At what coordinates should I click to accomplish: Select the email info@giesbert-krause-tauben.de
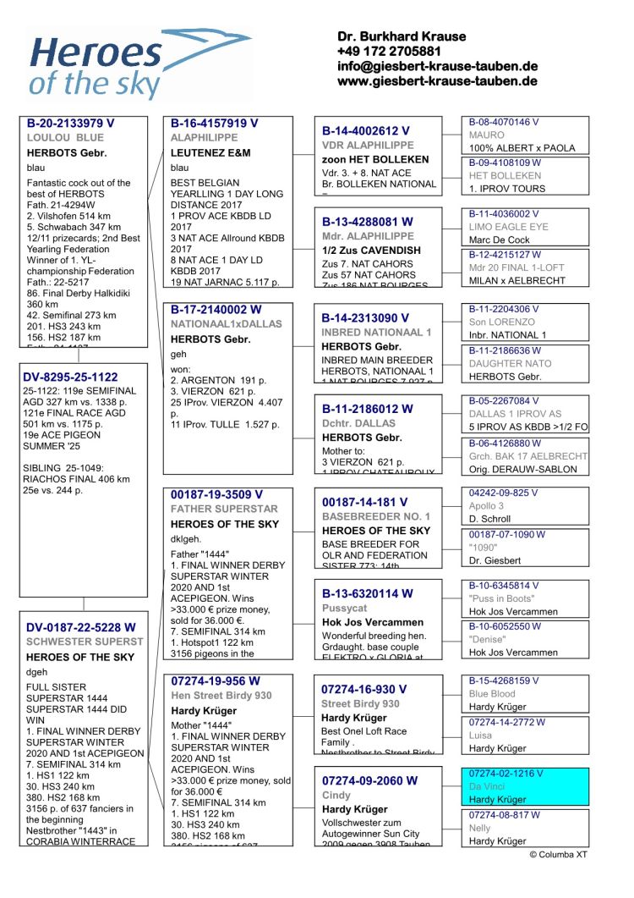click(x=437, y=67)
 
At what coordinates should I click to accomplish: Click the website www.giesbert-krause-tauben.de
click(x=437, y=82)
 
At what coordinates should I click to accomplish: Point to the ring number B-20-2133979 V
click(x=71, y=123)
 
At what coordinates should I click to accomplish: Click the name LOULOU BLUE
click(x=65, y=138)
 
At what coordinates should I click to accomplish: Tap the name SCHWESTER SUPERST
click(x=85, y=642)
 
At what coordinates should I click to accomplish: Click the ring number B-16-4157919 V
click(x=215, y=123)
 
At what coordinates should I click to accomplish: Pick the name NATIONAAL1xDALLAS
click(x=227, y=324)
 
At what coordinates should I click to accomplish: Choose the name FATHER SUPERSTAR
click(x=224, y=510)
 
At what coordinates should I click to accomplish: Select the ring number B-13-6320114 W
click(x=368, y=594)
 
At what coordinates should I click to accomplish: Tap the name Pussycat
click(x=344, y=609)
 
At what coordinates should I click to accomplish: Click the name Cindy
click(x=336, y=796)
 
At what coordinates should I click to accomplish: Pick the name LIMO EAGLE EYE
click(x=508, y=227)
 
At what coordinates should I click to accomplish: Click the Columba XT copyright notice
click(x=558, y=855)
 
